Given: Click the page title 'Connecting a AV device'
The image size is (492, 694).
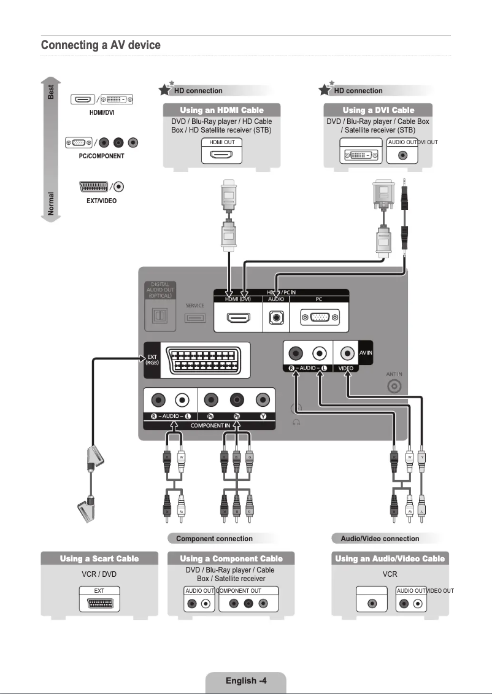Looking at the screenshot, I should [101, 45].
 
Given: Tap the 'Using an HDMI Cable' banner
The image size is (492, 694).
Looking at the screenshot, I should [221, 110].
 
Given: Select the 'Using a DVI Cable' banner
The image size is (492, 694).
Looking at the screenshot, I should [378, 110].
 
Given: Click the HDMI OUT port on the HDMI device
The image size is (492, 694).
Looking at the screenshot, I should [221, 154].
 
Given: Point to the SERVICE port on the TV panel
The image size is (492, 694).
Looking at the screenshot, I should [195, 318].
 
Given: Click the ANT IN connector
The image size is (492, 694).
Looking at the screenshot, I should [394, 386].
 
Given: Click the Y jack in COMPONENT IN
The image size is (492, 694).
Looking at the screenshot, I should [263, 400].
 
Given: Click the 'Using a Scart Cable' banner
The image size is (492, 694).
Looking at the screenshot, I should [99, 558].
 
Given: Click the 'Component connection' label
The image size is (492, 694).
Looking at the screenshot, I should [214, 539].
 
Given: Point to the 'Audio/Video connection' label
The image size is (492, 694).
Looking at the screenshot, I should [380, 539].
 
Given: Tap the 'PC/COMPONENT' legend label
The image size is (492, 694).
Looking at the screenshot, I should [101, 156].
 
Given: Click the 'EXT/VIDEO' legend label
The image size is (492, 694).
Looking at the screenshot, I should [101, 201].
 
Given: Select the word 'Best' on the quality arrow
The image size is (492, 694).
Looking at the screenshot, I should [52, 91].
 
